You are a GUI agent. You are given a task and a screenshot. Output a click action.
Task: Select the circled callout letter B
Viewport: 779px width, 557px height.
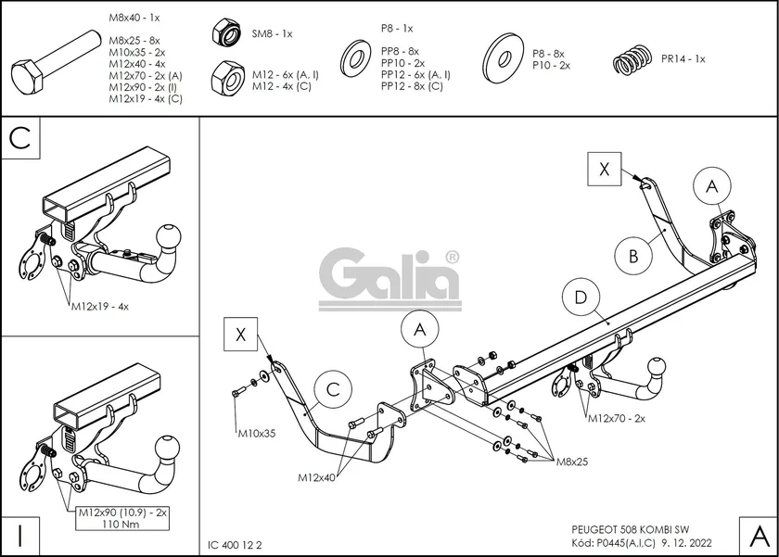(633, 256)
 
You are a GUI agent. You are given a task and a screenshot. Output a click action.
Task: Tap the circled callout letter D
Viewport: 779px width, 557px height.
(581, 297)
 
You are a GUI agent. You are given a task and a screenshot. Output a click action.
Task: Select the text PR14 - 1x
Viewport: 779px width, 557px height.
(683, 58)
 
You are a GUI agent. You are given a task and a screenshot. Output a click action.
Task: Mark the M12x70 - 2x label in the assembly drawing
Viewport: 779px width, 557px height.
(617, 419)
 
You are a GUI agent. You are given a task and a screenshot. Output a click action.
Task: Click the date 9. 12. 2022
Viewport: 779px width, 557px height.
(688, 544)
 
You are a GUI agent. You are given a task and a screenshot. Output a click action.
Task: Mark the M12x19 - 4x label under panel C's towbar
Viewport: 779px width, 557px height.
(99, 305)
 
